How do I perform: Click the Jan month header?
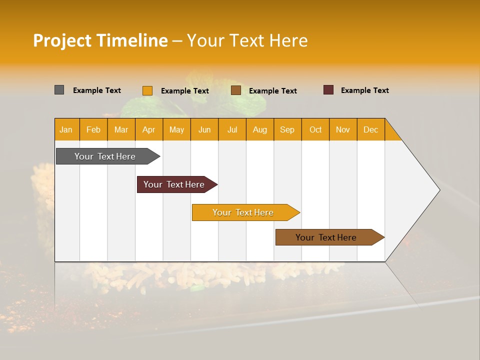click(x=66, y=129)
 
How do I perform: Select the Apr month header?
click(x=149, y=129)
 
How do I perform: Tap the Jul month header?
click(x=232, y=129)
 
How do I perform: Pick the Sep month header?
click(x=287, y=129)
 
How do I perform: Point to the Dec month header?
click(x=370, y=129)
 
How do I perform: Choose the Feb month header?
click(x=93, y=129)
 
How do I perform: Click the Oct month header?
click(x=315, y=129)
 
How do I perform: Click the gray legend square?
click(x=59, y=90)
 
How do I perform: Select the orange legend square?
click(x=147, y=90)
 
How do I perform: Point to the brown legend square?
click(x=235, y=90)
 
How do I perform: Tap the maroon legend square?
click(x=328, y=90)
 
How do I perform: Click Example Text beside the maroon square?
click(x=364, y=90)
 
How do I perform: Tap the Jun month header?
click(x=204, y=129)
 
